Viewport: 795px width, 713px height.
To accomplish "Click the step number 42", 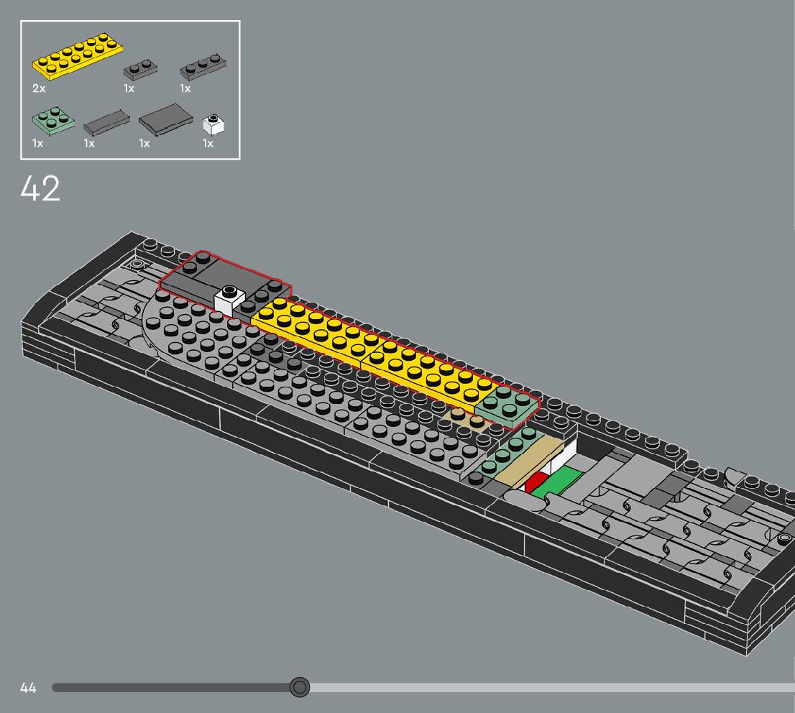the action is coord(40,189).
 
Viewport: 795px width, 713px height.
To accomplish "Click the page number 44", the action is coord(28,688).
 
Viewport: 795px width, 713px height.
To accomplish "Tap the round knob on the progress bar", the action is coord(300,688).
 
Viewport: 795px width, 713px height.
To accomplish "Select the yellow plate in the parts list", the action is coord(78,57).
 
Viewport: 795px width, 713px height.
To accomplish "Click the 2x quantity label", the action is coord(39,88).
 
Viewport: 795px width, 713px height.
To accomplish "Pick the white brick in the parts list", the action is coord(214,125).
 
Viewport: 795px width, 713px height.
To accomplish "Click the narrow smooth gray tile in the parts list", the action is coord(106,122).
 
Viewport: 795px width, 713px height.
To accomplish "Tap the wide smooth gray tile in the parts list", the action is coord(166,119).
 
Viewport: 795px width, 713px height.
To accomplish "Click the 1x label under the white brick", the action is coord(208,144).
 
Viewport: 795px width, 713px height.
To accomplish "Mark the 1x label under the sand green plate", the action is coord(38,144).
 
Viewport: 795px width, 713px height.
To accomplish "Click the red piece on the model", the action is coord(536,482).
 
